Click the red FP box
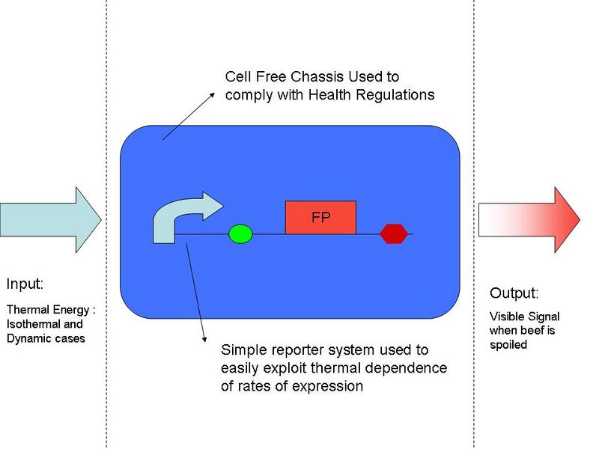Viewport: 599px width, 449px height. [x=320, y=217]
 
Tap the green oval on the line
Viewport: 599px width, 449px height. [x=240, y=234]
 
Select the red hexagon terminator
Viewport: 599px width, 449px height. [x=394, y=234]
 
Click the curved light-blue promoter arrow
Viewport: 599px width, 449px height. [x=180, y=217]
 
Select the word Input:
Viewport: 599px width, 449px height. [x=25, y=284]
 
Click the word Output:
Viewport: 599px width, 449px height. [x=514, y=293]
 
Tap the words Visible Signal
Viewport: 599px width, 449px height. [x=524, y=317]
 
